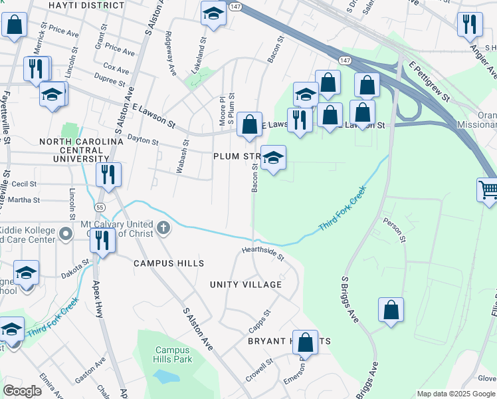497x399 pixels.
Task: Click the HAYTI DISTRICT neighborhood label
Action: (x=86, y=5)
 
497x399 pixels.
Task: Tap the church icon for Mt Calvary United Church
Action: (x=163, y=229)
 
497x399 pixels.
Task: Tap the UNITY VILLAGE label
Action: (x=246, y=285)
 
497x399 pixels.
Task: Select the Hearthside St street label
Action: (x=262, y=253)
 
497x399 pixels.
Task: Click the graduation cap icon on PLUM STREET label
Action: (x=273, y=158)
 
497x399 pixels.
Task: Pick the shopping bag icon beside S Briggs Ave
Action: (x=391, y=309)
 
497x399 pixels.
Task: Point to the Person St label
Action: (x=393, y=230)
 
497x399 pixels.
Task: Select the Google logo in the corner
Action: (x=23, y=390)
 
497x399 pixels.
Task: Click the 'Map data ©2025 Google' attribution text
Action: (x=456, y=394)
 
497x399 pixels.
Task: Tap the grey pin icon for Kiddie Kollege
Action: (x=65, y=233)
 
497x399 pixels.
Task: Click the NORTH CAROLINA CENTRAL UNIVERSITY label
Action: (x=82, y=150)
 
